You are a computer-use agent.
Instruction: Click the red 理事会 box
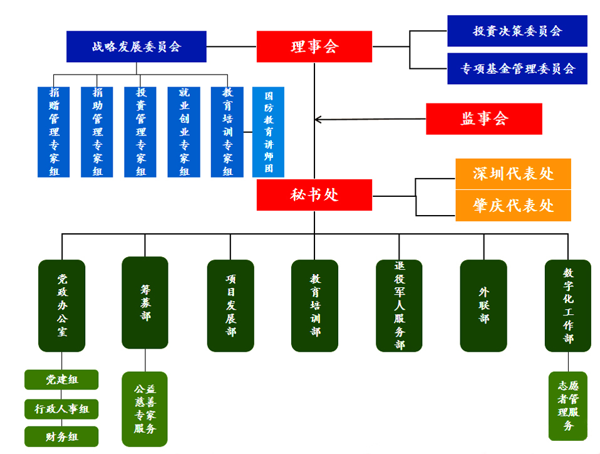pos(314,46)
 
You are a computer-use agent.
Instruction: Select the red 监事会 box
pos(484,119)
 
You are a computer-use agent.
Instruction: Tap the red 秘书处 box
pos(314,195)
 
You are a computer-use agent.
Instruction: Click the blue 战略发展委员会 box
pos(137,46)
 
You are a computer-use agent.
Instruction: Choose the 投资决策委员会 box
pos(517,31)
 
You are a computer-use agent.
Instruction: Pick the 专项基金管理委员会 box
pos(517,68)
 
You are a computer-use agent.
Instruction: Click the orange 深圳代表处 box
pos(513,174)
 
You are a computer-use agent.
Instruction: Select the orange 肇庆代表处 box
pos(513,206)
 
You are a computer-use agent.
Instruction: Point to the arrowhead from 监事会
pos(318,119)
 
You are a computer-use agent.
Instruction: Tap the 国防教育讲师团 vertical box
pos(268,132)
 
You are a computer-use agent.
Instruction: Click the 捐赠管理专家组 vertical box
pos(54,132)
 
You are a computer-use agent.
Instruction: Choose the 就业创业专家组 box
pos(184,132)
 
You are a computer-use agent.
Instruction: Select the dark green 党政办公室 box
pos(61,305)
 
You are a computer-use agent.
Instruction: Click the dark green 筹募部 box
pos(145,302)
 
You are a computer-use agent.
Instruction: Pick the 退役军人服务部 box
pos(399,305)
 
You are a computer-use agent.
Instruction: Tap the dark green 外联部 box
pos(484,305)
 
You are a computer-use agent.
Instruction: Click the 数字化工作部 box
pos(568,305)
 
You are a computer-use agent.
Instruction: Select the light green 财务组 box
pos(61,436)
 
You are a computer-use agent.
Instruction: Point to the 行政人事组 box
pos(61,409)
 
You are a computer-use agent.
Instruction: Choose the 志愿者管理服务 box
pos(568,406)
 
